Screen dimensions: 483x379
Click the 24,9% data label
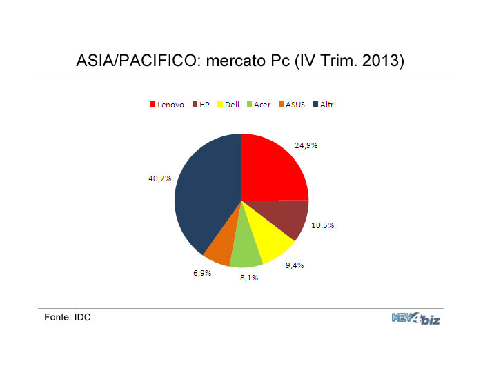[306, 145]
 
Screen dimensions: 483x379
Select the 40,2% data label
[159, 178]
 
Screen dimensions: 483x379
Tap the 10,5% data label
[322, 225]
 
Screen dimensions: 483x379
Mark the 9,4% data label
[295, 265]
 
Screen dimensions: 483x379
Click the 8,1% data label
[249, 278]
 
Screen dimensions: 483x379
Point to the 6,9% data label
[202, 273]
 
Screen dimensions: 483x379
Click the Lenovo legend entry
[167, 105]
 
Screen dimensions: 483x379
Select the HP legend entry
[201, 105]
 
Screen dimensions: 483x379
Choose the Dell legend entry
[228, 105]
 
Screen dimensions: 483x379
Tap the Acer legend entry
[259, 105]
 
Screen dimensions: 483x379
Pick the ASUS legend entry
[292, 105]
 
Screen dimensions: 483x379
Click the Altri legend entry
[324, 105]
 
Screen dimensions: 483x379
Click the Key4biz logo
[416, 318]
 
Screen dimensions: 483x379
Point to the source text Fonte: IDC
[68, 317]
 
